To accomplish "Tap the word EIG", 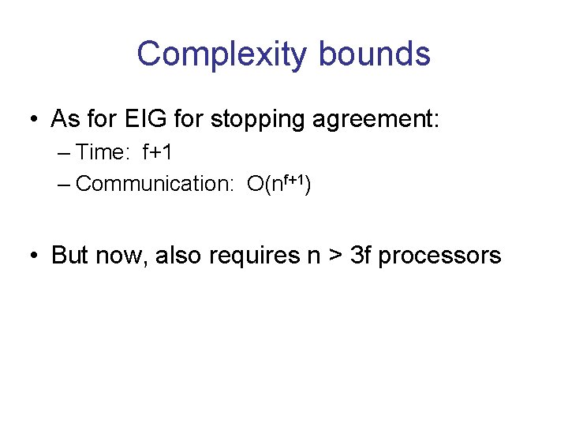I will [143, 119].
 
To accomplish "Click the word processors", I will [440, 256].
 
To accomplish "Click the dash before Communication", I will [65, 184].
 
